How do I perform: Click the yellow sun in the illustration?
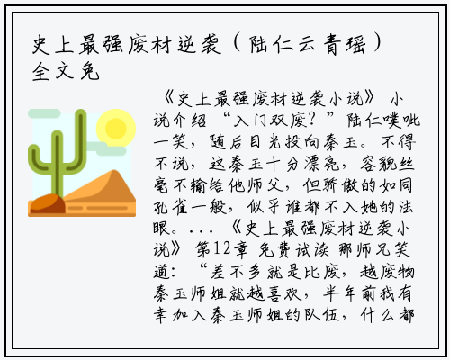click(x=116, y=128)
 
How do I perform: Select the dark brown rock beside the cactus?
click(x=48, y=203)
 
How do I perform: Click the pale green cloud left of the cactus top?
click(x=44, y=113)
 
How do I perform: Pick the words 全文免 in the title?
click(x=66, y=72)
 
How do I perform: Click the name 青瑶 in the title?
click(x=345, y=45)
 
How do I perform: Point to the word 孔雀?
click(x=170, y=207)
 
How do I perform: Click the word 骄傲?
click(x=340, y=185)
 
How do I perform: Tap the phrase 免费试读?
click(x=293, y=249)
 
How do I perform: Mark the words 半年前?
click(x=349, y=292)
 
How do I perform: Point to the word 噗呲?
click(x=402, y=121)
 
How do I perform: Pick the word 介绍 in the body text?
click(x=189, y=121)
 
